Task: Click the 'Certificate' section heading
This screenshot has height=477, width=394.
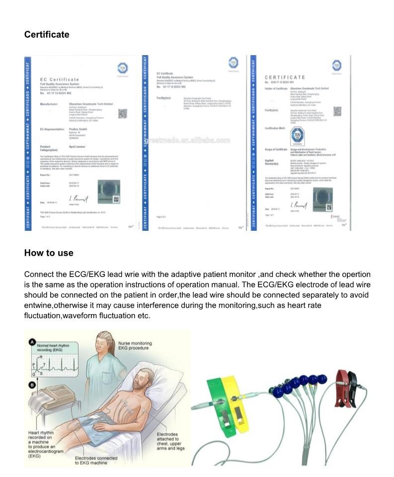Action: tap(47, 34)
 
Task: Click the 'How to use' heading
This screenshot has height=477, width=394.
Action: tap(49, 253)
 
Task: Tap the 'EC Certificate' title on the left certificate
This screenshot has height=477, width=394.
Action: tap(60, 80)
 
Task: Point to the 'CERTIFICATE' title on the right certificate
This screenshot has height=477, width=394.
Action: tap(285, 77)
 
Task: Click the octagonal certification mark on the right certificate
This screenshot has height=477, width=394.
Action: tap(297, 136)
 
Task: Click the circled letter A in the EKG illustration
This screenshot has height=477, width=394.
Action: tap(32, 341)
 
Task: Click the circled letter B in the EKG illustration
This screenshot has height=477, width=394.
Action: tap(32, 385)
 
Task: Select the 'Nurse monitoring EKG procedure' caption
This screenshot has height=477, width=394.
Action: tap(135, 346)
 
